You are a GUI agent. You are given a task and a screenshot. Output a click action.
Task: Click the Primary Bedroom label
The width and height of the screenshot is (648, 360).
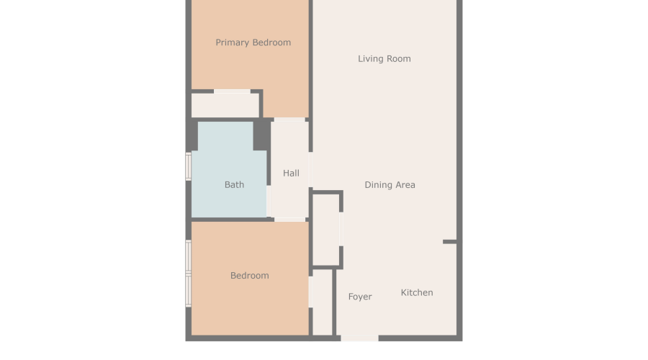pyautogui.click(x=253, y=42)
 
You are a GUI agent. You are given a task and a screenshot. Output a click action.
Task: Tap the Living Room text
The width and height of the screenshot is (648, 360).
pyautogui.click(x=384, y=59)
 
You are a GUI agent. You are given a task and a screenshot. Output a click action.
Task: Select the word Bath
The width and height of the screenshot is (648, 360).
pyautogui.click(x=234, y=185)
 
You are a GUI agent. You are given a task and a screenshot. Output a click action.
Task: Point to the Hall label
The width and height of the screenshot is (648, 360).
pyautogui.click(x=291, y=174)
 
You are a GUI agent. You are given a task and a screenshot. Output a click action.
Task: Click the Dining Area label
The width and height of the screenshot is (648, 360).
pyautogui.click(x=390, y=185)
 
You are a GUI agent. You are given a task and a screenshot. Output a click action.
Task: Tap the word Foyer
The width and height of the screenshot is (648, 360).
pyautogui.click(x=360, y=297)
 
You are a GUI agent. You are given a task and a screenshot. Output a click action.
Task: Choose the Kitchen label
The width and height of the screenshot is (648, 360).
pyautogui.click(x=417, y=292)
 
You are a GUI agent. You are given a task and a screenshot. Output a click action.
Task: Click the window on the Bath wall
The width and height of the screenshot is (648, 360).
pyautogui.click(x=189, y=166)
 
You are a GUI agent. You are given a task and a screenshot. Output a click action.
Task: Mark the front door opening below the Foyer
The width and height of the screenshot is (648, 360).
pyautogui.click(x=359, y=338)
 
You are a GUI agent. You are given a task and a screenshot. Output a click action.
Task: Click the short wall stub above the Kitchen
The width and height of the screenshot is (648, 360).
pyautogui.click(x=449, y=242)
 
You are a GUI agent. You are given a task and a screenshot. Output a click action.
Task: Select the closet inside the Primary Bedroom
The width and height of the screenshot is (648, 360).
pyautogui.click(x=225, y=105)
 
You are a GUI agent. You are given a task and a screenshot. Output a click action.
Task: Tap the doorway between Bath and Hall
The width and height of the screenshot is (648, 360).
pyautogui.click(x=269, y=202)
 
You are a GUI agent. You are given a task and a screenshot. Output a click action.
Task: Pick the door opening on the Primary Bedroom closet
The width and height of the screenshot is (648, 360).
pyautogui.click(x=232, y=91)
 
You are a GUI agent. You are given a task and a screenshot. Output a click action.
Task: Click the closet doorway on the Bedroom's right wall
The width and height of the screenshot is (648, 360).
pyautogui.click(x=311, y=292)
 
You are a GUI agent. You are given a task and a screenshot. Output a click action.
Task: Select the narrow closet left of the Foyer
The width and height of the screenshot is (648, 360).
pyautogui.click(x=323, y=302)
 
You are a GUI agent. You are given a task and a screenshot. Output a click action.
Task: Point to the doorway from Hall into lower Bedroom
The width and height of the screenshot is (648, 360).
pyautogui.click(x=289, y=219)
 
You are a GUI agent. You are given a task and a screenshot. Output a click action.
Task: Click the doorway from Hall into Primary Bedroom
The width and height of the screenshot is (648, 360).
pyautogui.click(x=289, y=118)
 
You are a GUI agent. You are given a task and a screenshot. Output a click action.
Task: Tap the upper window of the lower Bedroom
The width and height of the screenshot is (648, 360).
pyautogui.click(x=189, y=257)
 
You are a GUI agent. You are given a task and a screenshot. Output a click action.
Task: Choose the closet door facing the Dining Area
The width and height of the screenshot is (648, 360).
pyautogui.click(x=341, y=229)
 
